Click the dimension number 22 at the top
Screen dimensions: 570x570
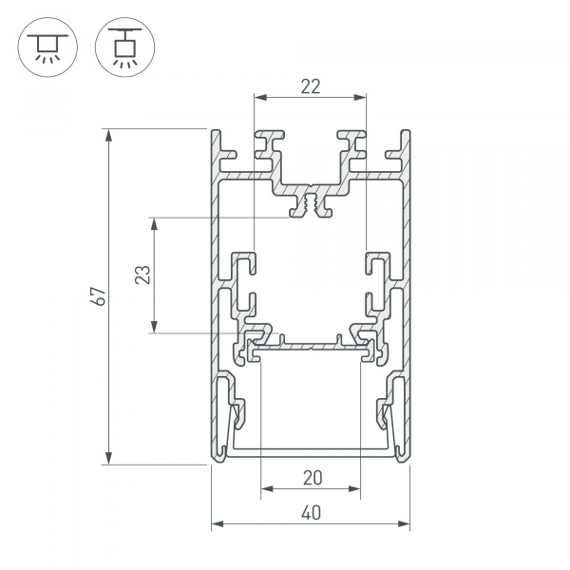(311, 86)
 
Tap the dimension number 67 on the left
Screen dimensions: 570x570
(99, 296)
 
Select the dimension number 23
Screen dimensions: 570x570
(142, 275)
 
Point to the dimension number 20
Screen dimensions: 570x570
(313, 478)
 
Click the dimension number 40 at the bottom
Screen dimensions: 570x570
(312, 513)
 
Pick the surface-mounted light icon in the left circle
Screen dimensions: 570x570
(47, 48)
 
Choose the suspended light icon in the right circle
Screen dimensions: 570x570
(124, 48)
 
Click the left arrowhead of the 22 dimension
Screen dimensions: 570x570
(260, 97)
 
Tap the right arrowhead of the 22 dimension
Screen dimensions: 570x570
(360, 97)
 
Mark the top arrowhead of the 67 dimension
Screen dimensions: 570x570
(108, 135)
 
